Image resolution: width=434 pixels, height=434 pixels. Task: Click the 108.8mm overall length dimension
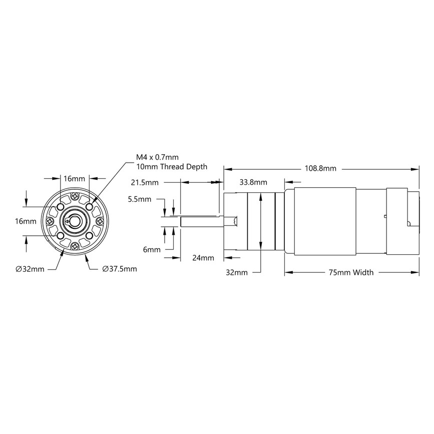[320, 169]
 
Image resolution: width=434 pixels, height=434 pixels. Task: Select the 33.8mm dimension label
[253, 182]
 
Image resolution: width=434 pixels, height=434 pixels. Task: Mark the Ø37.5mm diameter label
[119, 269]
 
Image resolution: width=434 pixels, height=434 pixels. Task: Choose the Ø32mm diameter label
[30, 269]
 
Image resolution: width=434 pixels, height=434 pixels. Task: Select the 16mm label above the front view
[74, 178]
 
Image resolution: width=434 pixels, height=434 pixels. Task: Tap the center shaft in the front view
[75, 220]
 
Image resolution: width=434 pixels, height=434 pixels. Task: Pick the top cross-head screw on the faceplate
[75, 196]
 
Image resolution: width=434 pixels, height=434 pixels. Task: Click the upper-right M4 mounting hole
[89, 206]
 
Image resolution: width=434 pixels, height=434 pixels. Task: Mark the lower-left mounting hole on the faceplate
[60, 235]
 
